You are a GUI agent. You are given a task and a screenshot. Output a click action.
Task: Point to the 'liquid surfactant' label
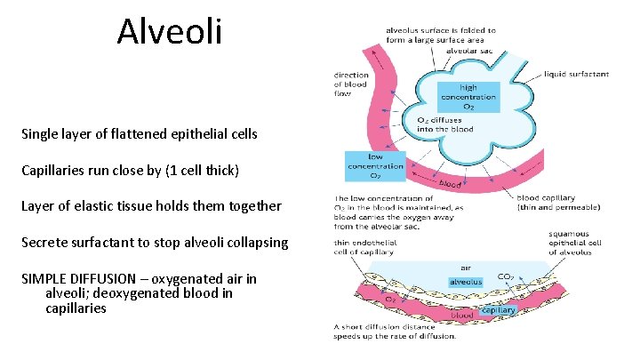[x=577, y=75]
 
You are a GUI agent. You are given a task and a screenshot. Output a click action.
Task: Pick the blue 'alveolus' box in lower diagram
[x=465, y=281]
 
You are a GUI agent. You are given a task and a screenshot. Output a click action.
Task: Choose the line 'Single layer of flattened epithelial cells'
[x=140, y=134]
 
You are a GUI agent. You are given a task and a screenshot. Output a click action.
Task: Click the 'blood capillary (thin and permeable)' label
[x=557, y=204]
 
